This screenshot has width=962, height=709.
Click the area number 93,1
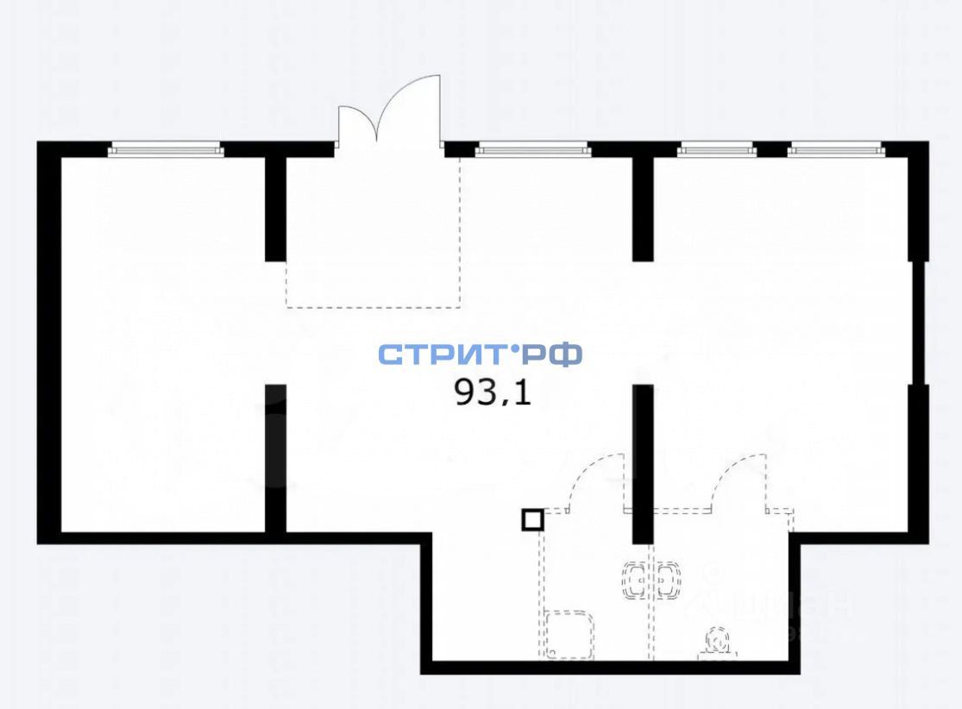[493, 393]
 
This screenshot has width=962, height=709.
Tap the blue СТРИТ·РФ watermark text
[480, 354]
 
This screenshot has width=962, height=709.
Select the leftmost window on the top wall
[166, 150]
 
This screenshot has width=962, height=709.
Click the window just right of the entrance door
[532, 150]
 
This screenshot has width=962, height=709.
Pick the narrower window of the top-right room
[715, 150]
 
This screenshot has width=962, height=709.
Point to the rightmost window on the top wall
[836, 150]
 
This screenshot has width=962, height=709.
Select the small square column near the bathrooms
[532, 519]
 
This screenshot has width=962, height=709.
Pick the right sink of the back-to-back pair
[667, 581]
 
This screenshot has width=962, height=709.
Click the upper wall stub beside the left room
[274, 207]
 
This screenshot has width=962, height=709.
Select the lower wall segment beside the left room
[274, 457]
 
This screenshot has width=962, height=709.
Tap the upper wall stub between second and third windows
[642, 207]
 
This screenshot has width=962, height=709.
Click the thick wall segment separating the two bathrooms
[642, 464]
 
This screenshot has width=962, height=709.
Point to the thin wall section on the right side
[919, 322]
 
